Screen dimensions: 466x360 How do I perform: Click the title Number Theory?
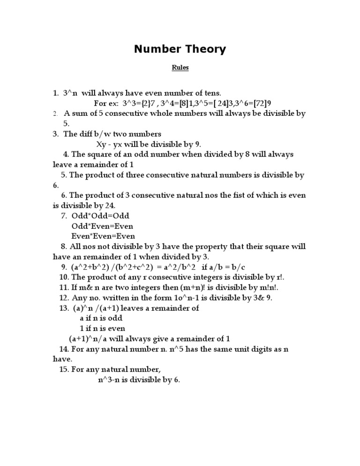click(x=180, y=49)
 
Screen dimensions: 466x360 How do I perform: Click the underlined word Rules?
click(x=180, y=68)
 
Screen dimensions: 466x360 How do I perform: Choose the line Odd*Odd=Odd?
click(x=100, y=216)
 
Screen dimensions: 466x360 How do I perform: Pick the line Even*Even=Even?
click(x=103, y=236)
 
